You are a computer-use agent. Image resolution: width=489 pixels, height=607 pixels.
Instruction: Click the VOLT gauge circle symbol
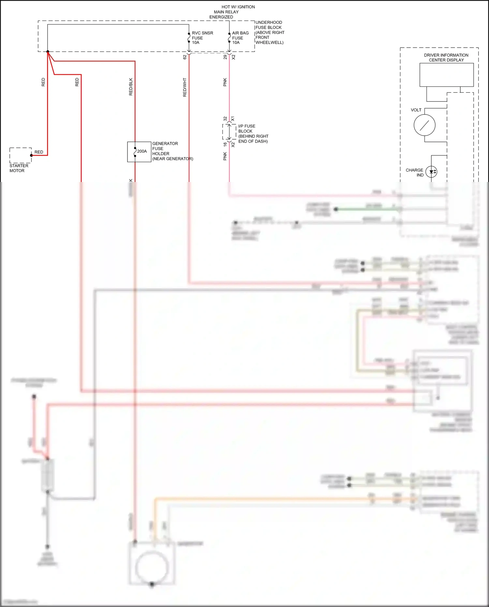tap(424, 125)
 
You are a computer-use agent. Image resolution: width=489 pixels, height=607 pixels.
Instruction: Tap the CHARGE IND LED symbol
tap(431, 172)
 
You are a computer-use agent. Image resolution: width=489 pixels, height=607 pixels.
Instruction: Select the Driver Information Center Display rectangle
tap(446, 75)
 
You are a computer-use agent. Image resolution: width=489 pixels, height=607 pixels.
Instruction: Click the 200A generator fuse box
tap(139, 152)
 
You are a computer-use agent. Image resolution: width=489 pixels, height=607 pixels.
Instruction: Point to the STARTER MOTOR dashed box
tap(21, 155)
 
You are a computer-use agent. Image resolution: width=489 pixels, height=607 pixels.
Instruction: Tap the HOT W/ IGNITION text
tap(238, 7)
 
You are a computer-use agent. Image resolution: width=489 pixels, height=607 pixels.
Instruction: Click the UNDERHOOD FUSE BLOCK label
tap(269, 32)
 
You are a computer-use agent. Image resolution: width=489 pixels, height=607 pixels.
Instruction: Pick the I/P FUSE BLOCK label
tap(253, 134)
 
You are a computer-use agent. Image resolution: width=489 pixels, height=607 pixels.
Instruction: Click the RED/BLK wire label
tap(131, 87)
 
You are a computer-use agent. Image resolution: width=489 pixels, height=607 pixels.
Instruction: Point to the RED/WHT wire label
tap(185, 87)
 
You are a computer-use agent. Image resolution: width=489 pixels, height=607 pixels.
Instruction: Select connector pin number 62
tap(185, 57)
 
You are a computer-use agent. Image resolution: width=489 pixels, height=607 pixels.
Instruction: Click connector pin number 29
tap(225, 57)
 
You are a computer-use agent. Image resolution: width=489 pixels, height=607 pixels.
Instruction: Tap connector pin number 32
tap(225, 119)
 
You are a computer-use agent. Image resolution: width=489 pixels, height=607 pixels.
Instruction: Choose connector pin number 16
tap(225, 144)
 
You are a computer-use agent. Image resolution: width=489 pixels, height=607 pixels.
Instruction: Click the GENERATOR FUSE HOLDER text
tap(172, 151)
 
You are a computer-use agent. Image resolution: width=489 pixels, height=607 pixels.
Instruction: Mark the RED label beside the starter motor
tap(39, 152)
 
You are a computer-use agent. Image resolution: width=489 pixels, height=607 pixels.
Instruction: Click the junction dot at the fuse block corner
tap(48, 52)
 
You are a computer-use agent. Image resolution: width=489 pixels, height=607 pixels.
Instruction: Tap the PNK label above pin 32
tap(225, 82)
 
